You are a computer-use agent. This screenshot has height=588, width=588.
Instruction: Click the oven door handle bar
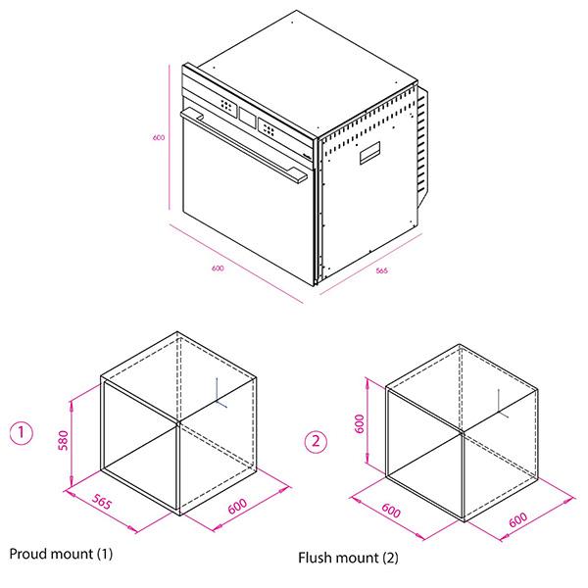coord(244,145)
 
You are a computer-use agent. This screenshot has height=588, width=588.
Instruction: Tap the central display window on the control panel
coord(248,118)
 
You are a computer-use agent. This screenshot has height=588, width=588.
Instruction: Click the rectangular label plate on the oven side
coord(370,153)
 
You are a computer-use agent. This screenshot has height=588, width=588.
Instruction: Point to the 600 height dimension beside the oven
coord(159,137)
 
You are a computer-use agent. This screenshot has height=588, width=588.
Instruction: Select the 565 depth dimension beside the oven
coord(382,270)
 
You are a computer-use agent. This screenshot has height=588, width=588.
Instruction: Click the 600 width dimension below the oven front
coord(218,269)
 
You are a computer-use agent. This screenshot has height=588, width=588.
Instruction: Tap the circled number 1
coord(21,433)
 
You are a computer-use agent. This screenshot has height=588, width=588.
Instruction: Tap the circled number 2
coord(316,442)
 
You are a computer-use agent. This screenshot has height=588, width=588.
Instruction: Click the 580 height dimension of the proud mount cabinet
coord(64,440)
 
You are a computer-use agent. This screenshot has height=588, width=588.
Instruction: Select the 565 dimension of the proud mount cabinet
coord(102,502)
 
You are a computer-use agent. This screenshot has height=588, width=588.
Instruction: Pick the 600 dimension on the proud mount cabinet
coord(237,506)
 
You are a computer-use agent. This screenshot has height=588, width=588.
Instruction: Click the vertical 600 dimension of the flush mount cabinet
coord(360,423)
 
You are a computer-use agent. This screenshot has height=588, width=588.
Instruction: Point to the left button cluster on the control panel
coord(226,105)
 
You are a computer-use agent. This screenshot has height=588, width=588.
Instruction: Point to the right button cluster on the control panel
coord(269,129)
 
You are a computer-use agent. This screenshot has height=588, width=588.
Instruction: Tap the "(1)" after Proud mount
coord(105,555)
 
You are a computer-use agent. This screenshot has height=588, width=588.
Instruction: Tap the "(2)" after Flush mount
coord(390,558)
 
